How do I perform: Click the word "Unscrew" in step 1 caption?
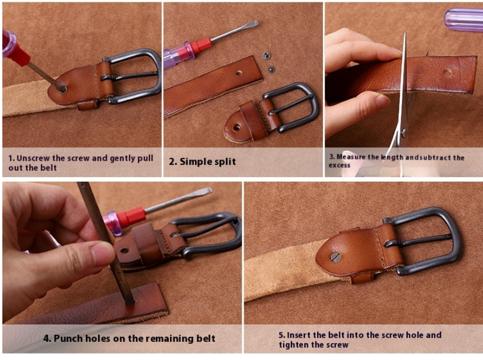tap(33, 158)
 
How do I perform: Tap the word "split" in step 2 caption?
tap(223, 161)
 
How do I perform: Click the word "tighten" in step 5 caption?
tap(293, 345)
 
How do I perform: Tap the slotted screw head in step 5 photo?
tap(336, 257)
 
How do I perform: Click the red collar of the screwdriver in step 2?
tap(201, 47)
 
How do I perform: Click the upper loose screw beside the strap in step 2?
tap(266, 56)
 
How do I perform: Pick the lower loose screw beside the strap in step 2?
tap(271, 70)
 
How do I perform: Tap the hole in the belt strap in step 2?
tap(239, 73)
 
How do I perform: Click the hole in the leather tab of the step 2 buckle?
tap(237, 127)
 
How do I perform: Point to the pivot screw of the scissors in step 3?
tap(404, 133)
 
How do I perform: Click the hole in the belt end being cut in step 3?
tap(447, 72)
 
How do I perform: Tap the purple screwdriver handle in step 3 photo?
tap(464, 20)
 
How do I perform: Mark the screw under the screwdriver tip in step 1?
tap(63, 90)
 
